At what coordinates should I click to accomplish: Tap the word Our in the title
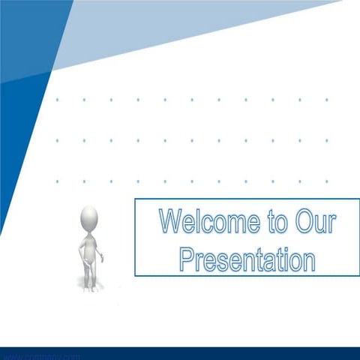pos(315,222)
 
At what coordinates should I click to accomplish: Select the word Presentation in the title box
pos(247,259)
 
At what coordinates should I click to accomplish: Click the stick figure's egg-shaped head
pos(89,218)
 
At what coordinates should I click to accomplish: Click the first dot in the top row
pos(57,99)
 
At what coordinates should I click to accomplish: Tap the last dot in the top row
pos(326,99)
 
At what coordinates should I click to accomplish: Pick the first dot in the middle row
pos(57,140)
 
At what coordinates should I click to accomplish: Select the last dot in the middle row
pos(326,140)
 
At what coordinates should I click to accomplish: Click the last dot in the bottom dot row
pos(326,181)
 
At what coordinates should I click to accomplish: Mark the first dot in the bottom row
pos(57,181)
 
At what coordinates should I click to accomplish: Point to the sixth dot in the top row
pos(192,99)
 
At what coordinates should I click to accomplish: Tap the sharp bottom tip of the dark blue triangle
pos(2,232)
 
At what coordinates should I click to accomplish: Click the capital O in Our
pos(305,222)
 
